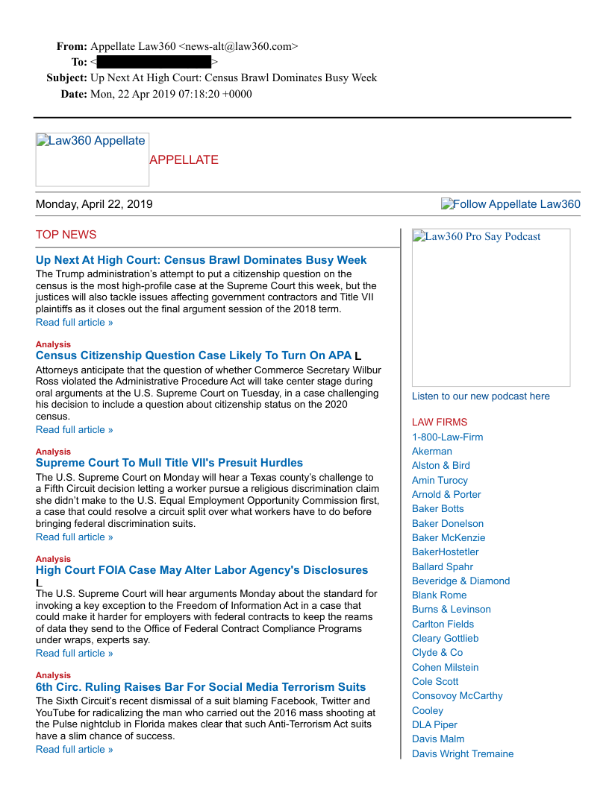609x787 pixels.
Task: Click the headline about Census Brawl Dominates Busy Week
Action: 201,260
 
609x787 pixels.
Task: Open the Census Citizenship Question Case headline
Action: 193,355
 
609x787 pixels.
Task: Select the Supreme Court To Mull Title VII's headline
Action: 169,463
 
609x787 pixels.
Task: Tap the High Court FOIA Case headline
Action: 202,570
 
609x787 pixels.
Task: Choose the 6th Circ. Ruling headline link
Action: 201,687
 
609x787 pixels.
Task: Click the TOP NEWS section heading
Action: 66,235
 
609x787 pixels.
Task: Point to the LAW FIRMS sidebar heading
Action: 440,423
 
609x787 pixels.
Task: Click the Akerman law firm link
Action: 431,452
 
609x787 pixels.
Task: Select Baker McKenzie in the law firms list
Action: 449,537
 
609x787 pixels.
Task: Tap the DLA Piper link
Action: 434,725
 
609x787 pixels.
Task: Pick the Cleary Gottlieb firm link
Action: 445,639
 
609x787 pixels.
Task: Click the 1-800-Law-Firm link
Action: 447,437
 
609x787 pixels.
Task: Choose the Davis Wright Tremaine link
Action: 463,754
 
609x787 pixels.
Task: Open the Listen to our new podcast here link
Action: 481,396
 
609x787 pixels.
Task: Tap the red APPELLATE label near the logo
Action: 184,160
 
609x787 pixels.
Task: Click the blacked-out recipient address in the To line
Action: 154,62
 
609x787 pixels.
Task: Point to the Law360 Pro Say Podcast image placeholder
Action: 491,307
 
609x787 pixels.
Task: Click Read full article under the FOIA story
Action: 75,654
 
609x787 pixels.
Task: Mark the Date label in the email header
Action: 74,94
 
